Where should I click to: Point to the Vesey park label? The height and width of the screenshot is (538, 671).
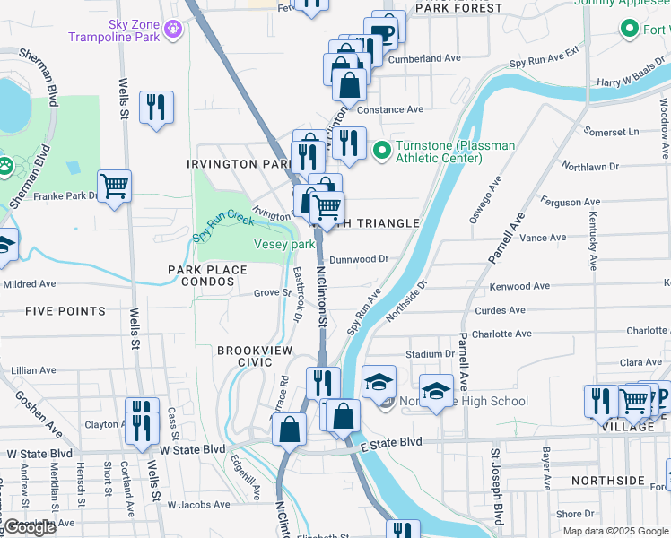[x=285, y=244]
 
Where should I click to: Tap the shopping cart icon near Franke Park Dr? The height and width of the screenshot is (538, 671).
[x=115, y=187]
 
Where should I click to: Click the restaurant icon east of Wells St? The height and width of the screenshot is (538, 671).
[x=156, y=108]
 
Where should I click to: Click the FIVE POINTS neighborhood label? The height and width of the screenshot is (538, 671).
[x=65, y=311]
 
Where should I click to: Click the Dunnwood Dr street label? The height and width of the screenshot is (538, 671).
[x=358, y=259]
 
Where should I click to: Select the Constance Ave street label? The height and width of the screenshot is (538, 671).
[x=389, y=109]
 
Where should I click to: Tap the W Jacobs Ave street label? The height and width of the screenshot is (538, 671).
[x=199, y=505]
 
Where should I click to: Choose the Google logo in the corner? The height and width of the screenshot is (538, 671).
[x=30, y=527]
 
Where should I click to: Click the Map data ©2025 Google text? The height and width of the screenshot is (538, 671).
[x=615, y=530]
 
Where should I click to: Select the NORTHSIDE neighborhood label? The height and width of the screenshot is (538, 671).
[x=612, y=481]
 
